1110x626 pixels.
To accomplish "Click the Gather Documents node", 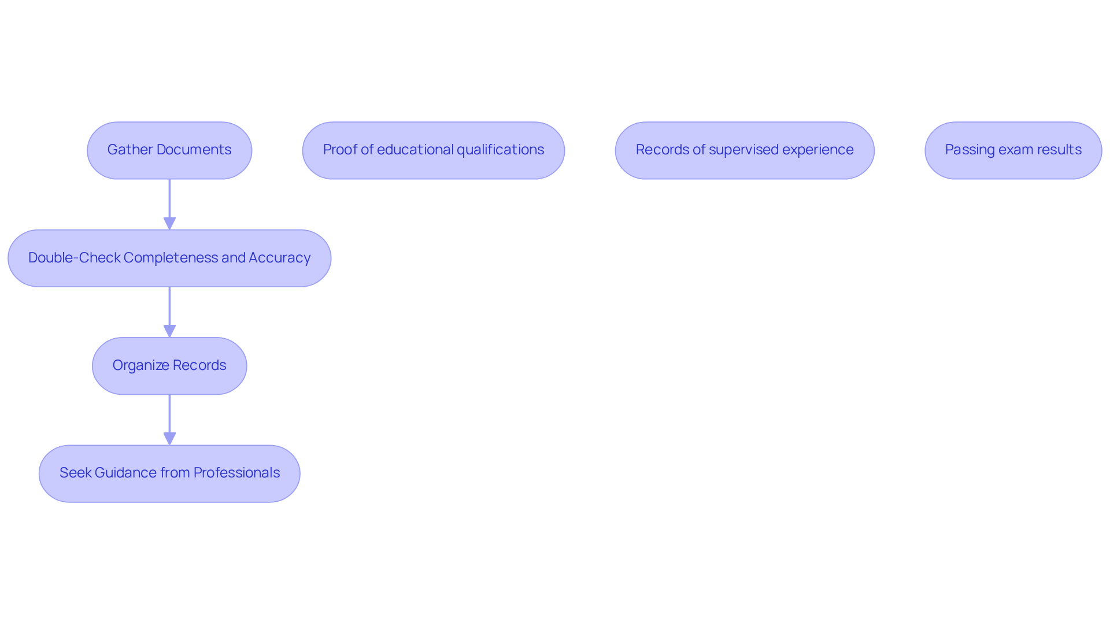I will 169,150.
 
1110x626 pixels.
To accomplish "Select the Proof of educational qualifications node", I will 433,150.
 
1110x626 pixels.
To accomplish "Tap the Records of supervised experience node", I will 744,150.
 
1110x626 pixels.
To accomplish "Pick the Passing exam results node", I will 1013,150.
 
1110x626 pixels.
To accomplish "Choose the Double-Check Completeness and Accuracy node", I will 169,258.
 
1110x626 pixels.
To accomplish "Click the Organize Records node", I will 169,366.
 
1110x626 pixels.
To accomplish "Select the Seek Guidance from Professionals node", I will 169,473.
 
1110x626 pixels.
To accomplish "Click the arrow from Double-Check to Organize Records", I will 169,312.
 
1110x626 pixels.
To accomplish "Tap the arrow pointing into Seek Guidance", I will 169,420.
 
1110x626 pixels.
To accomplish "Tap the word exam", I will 1014,150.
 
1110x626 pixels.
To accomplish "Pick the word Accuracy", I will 279,258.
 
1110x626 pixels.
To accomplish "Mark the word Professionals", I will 236,473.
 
